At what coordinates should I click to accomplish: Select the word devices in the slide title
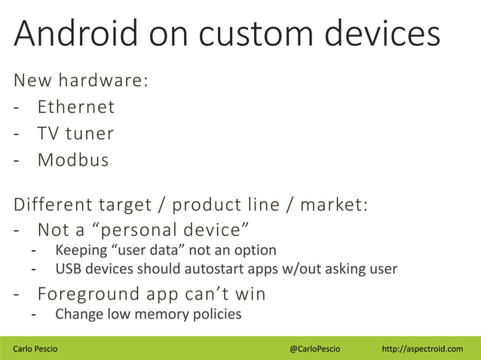pyautogui.click(x=379, y=35)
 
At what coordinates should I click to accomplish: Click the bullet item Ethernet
pyautogui.click(x=76, y=107)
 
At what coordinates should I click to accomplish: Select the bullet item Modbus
pyautogui.click(x=73, y=160)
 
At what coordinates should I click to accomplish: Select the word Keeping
pyautogui.click(x=80, y=249)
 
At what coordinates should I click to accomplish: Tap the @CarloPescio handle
pyautogui.click(x=315, y=349)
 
